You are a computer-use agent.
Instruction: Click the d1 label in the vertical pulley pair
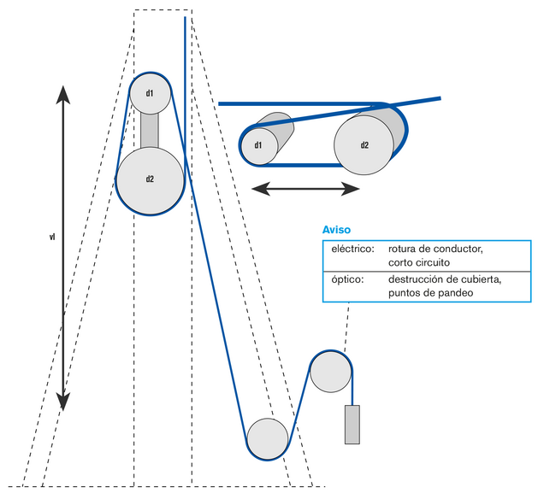point(150,93)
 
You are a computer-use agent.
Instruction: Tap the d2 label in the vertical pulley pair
point(150,179)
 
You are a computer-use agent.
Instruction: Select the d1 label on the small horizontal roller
point(258,145)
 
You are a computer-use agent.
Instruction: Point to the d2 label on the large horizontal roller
point(364,145)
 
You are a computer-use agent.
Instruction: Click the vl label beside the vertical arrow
point(52,238)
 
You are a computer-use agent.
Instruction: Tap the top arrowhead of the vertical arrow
point(63,95)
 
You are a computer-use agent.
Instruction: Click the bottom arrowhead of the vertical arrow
point(63,402)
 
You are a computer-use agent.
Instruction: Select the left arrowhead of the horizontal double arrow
point(261,189)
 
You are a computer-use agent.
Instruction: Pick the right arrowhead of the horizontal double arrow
point(350,189)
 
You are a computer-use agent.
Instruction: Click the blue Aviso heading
point(336,230)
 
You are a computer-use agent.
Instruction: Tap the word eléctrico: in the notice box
point(353,249)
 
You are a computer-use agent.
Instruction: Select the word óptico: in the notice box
point(347,279)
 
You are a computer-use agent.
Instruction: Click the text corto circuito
point(419,262)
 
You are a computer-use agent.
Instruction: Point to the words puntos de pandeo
point(430,293)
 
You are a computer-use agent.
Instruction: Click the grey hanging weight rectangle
point(352,425)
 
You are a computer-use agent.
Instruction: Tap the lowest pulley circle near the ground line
point(268,439)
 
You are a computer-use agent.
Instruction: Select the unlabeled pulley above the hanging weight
point(331,372)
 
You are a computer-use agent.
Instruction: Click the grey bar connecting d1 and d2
point(150,131)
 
